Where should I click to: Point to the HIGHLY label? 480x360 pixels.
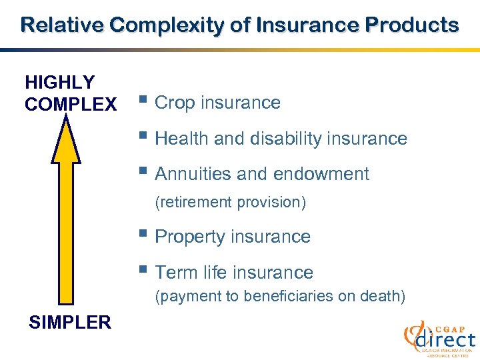click(x=59, y=83)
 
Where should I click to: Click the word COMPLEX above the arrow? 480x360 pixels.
click(x=70, y=105)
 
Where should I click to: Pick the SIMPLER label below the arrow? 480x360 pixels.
click(x=70, y=323)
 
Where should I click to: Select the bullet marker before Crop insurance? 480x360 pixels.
click(x=143, y=102)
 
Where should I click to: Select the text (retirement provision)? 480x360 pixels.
click(x=230, y=203)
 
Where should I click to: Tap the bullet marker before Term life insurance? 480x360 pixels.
click(x=143, y=272)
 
